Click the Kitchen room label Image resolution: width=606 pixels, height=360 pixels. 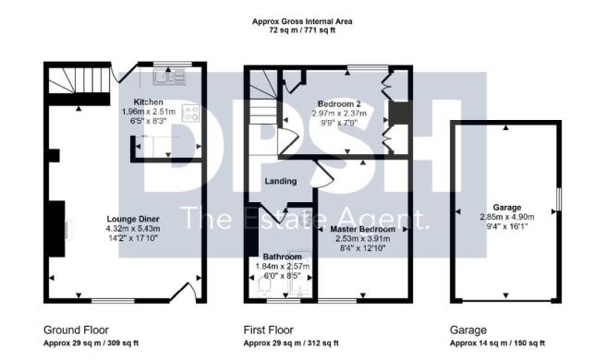click(x=148, y=102)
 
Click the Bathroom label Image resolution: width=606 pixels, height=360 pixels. click(x=282, y=257)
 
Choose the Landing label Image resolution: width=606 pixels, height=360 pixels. click(x=280, y=181)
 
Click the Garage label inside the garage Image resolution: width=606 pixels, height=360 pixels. click(x=506, y=209)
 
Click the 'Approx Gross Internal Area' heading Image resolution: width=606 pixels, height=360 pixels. click(x=303, y=21)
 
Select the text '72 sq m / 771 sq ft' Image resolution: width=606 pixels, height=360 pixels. click(x=303, y=30)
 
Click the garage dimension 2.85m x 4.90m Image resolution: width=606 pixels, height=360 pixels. click(x=506, y=218)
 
